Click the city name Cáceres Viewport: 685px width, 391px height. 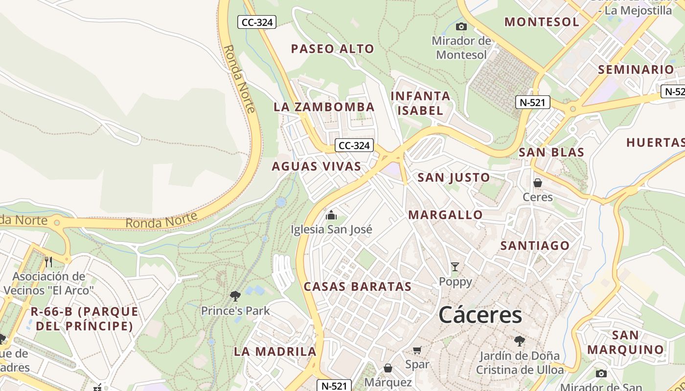tap(480, 315)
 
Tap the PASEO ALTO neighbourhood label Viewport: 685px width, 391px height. tap(332, 49)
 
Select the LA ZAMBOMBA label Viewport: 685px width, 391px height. tap(324, 107)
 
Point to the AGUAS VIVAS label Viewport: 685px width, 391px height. tap(316, 166)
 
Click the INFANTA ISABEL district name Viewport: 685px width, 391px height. tap(420, 103)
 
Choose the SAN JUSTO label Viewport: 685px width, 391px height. tap(454, 177)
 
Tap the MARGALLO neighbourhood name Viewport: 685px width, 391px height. tap(445, 215)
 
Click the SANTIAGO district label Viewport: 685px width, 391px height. tap(535, 245)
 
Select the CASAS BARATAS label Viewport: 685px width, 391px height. tap(358, 286)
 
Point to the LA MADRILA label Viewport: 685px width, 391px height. tap(275, 351)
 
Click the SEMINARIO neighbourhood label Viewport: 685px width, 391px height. tap(636, 69)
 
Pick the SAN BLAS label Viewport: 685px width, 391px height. tap(551, 152)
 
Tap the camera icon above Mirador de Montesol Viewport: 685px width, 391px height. tap(461, 27)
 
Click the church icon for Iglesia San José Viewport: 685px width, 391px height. tap(331, 215)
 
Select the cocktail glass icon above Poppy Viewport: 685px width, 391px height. tap(455, 267)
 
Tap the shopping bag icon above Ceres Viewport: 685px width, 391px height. tap(538, 183)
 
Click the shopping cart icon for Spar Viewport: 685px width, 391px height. tap(417, 350)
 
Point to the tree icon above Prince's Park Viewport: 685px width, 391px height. tap(235, 296)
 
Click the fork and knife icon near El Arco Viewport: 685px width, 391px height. tap(48, 262)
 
